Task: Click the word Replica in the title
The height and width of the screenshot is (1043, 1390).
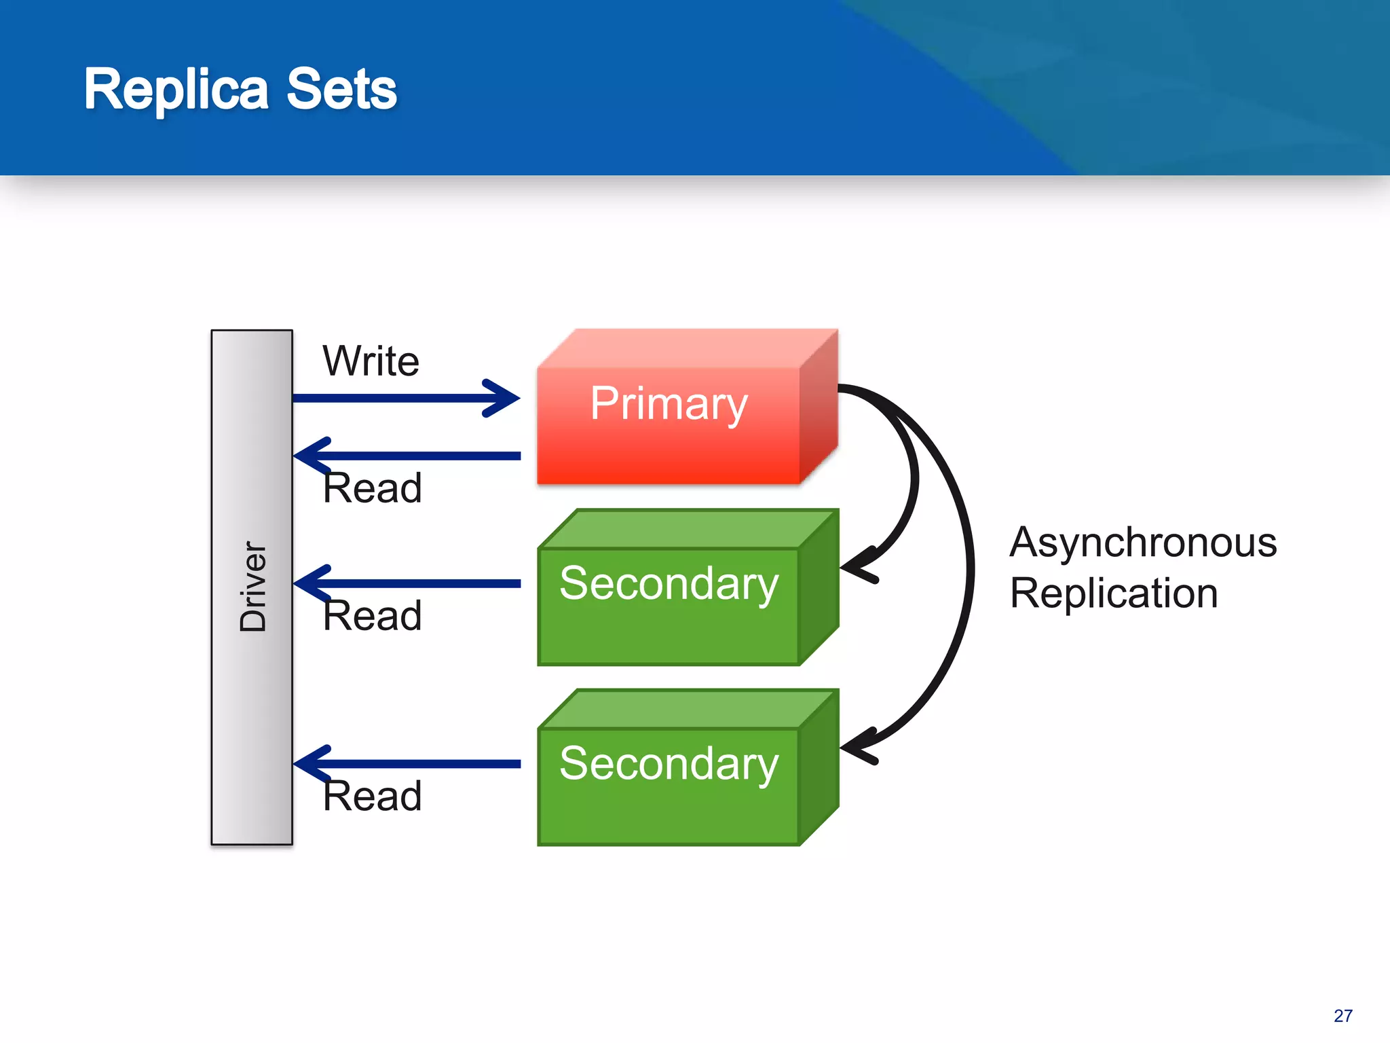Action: [x=176, y=90]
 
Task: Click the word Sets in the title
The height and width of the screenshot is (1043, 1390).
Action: [x=341, y=90]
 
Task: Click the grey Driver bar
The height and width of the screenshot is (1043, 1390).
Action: [x=252, y=713]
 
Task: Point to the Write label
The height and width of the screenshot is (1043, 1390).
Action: [x=371, y=361]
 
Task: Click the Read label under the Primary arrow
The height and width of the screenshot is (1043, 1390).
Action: [x=372, y=488]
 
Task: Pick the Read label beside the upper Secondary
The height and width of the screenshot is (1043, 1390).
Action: [x=372, y=616]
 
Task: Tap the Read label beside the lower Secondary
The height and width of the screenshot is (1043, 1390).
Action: [x=372, y=796]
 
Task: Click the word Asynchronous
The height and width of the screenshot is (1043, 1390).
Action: [x=1143, y=543]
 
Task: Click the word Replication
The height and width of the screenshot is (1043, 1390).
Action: [x=1114, y=593]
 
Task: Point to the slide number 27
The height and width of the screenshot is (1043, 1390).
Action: [x=1342, y=1016]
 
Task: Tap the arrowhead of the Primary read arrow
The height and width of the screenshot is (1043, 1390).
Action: [x=310, y=456]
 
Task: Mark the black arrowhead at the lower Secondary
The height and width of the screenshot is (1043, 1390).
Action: [x=857, y=748]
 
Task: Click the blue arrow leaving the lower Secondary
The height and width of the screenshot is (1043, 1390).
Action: [x=421, y=764]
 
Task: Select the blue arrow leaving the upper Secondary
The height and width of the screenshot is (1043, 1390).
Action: [x=421, y=584]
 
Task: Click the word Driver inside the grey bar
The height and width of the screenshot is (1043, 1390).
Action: [x=253, y=587]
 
